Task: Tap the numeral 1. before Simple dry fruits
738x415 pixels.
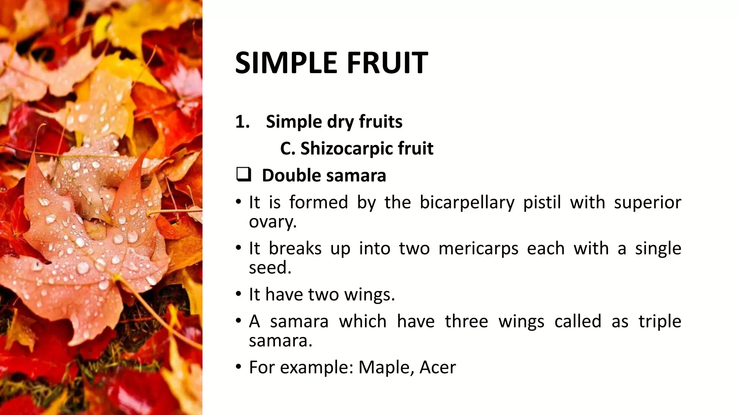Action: click(x=242, y=122)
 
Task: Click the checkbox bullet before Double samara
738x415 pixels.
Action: click(x=244, y=175)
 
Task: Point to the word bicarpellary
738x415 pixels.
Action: click(x=467, y=202)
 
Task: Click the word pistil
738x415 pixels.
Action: click(x=542, y=202)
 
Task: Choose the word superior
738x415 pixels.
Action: click(x=648, y=202)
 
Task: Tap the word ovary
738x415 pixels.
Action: click(x=272, y=222)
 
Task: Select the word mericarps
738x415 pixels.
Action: click(x=478, y=249)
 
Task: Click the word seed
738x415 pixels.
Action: click(x=270, y=268)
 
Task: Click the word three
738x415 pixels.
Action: click(x=466, y=321)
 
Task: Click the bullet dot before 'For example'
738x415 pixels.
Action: click(x=238, y=367)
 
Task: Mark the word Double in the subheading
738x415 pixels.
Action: click(x=291, y=176)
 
